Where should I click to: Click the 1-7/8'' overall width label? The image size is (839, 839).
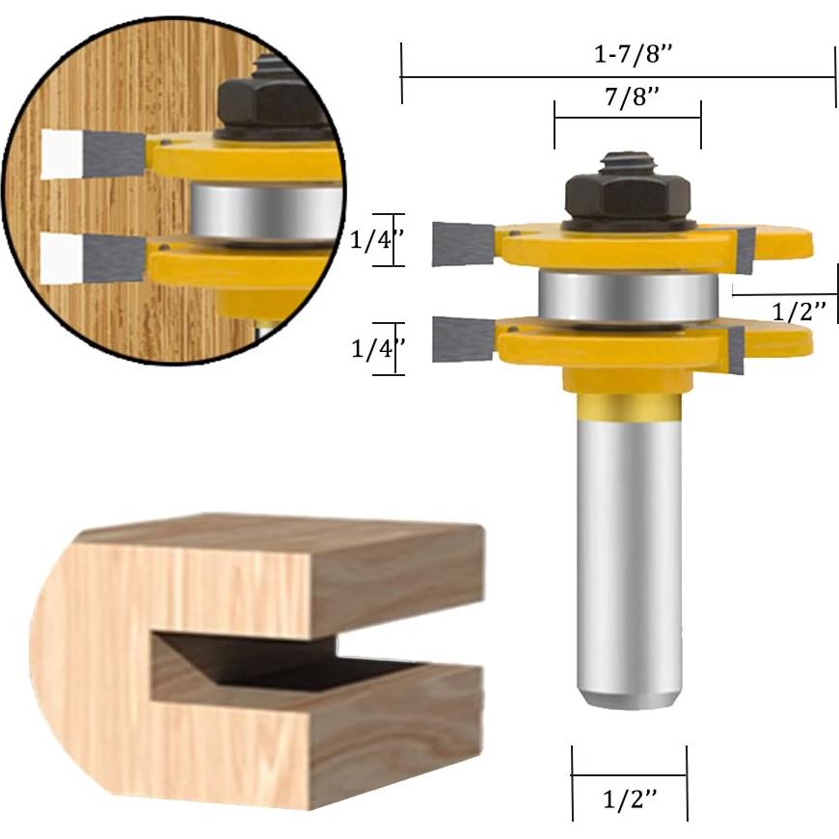click(x=633, y=55)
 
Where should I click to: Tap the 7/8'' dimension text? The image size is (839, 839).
click(x=627, y=96)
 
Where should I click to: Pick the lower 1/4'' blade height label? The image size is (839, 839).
click(x=372, y=349)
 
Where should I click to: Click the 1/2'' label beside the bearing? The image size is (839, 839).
click(x=799, y=311)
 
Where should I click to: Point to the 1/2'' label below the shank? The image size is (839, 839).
click(x=630, y=799)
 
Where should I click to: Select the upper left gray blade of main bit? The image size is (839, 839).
click(x=462, y=243)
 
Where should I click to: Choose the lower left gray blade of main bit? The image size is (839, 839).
click(x=463, y=339)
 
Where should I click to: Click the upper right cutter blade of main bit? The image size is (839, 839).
click(x=744, y=251)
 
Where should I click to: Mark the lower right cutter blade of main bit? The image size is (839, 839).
click(x=736, y=349)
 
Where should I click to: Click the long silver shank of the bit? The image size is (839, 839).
click(x=627, y=559)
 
